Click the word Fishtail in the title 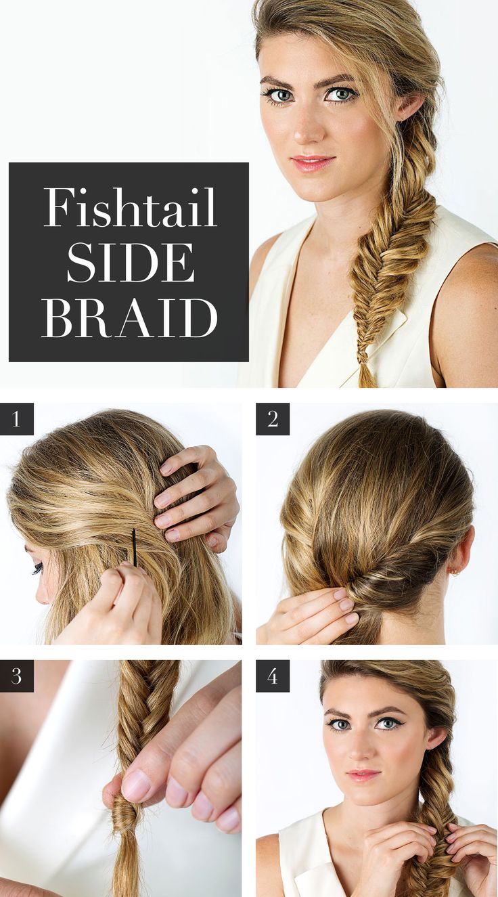click(130, 208)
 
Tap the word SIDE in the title click(130, 262)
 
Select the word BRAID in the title click(130, 316)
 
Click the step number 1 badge click(17, 419)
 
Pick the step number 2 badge click(273, 419)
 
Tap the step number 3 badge click(17, 676)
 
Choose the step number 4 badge click(273, 676)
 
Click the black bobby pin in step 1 click(134, 547)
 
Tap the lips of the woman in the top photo click(313, 163)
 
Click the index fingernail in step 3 click(137, 785)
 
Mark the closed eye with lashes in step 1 click(37, 568)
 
